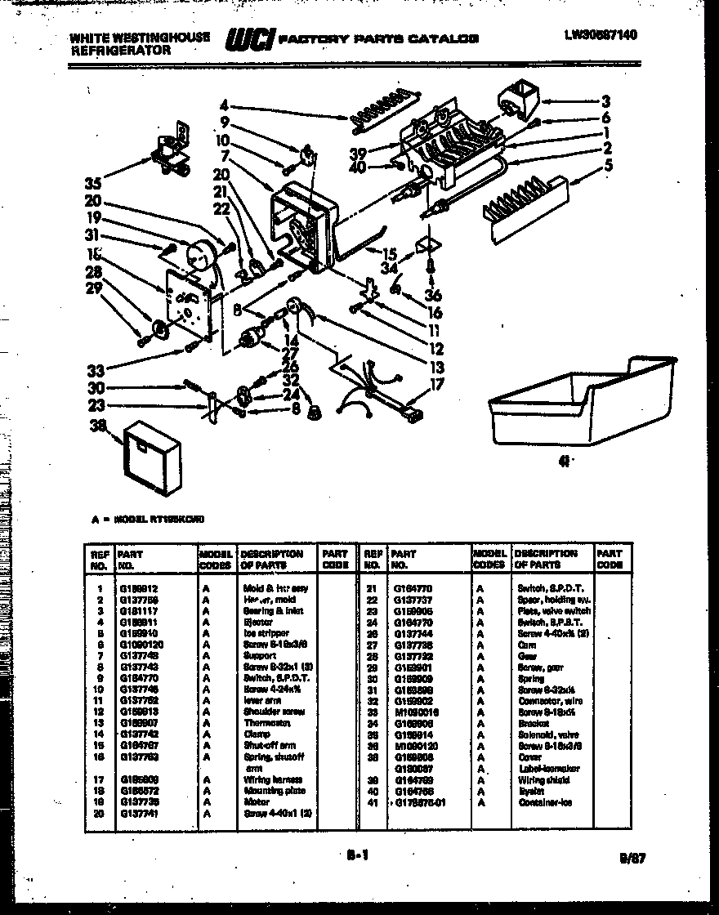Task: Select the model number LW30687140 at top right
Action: pos(601,34)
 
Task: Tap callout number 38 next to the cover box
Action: pos(100,426)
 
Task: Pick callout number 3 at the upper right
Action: pos(605,102)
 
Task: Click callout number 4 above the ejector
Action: pos(222,105)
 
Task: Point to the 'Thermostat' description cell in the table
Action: pos(267,722)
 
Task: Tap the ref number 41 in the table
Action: pos(373,802)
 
